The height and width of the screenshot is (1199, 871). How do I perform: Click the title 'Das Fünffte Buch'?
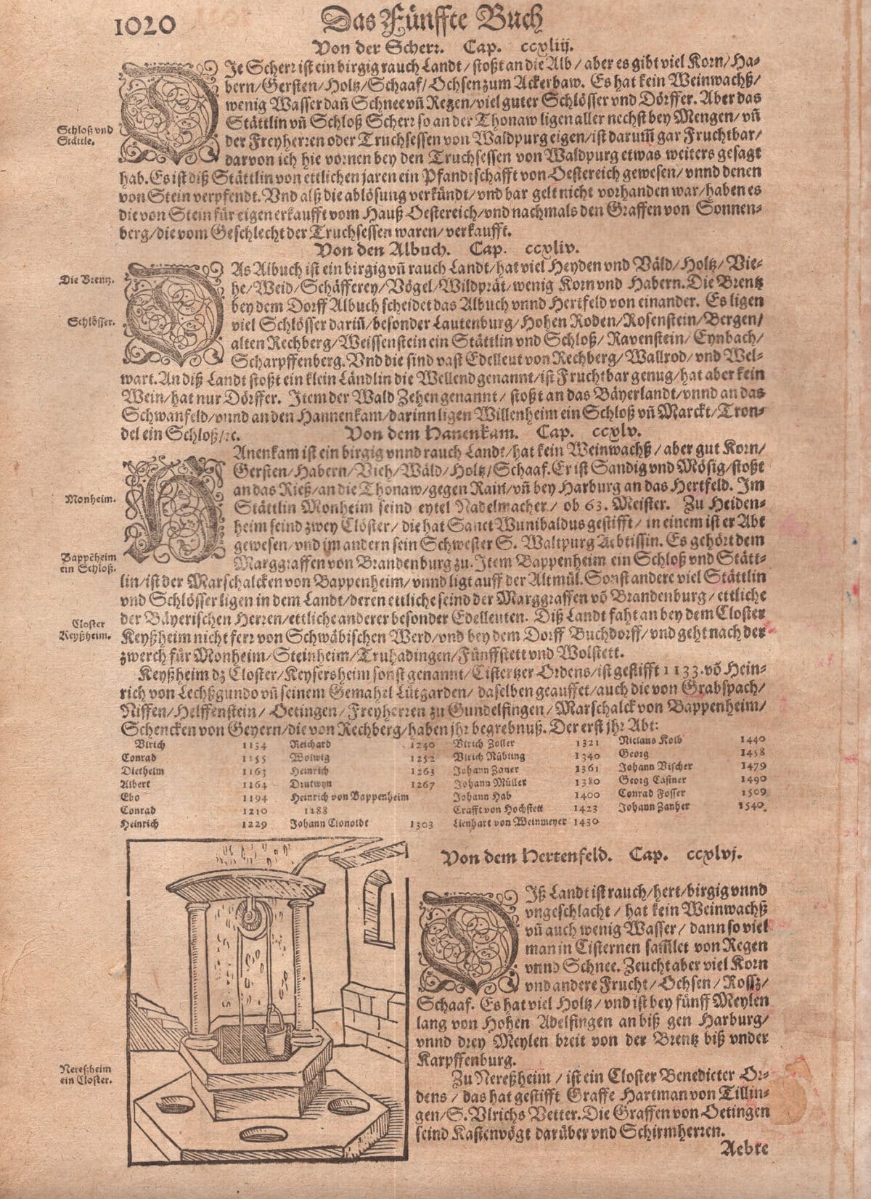[433, 20]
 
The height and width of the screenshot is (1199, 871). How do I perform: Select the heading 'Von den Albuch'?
[391, 250]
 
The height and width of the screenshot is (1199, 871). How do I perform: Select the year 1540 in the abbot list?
[753, 806]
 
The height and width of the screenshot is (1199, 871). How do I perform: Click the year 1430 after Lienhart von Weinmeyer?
[587, 822]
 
